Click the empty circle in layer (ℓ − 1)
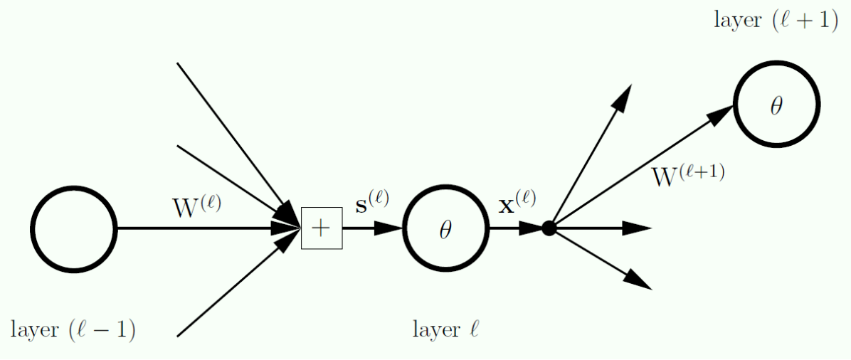coord(73,228)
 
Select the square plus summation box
coord(322,228)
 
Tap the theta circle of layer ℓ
coord(446,228)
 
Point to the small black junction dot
coord(549,228)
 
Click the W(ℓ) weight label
coord(197,206)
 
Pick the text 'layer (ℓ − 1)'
coord(73,330)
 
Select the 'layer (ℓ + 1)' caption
coord(775,21)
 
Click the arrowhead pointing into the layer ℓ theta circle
coord(390,228)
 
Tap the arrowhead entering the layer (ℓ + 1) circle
coord(721,113)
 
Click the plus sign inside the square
coord(322,228)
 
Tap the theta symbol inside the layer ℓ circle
coord(446,230)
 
